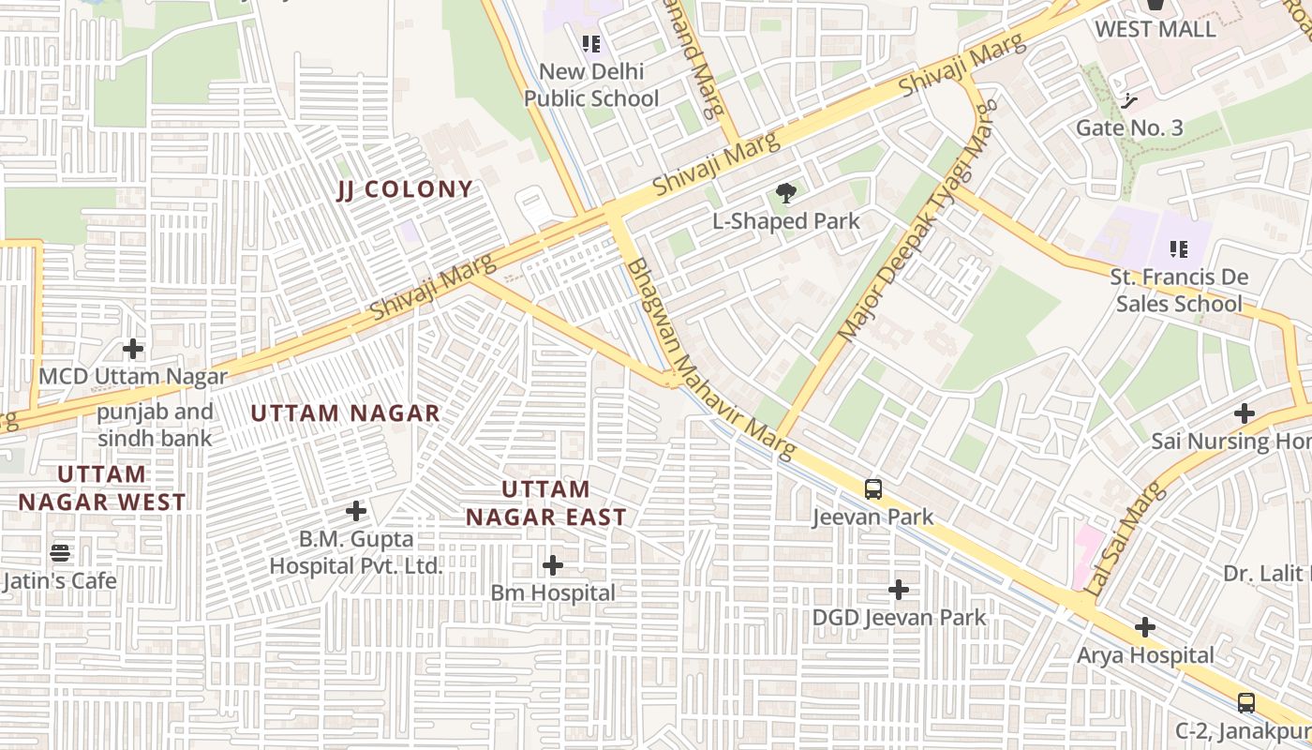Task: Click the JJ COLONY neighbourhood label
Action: pos(405,189)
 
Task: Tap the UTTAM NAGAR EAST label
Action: pos(545,503)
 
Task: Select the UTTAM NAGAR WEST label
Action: pos(102,488)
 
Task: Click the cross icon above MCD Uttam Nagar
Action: pos(133,349)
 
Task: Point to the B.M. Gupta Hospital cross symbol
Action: pos(356,511)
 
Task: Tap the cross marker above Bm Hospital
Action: pos(553,564)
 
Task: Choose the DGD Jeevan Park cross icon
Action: pos(899,589)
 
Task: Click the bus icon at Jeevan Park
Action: pos(872,488)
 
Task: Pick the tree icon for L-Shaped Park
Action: pos(785,194)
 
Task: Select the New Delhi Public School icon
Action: pos(590,43)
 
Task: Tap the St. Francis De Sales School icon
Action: pos(1179,248)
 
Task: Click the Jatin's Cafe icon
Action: pos(60,552)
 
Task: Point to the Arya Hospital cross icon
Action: pos(1144,626)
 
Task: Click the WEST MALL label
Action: pos(1155,29)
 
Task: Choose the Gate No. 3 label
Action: pos(1129,127)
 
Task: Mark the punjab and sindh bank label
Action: pos(156,425)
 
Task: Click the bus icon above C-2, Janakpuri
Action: pos(1245,702)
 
